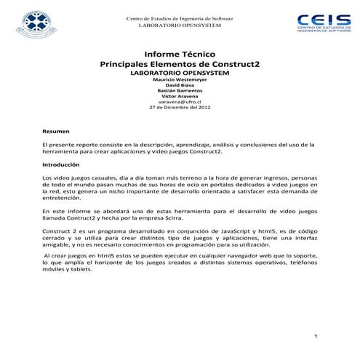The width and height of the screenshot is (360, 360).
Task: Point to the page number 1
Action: [316, 335]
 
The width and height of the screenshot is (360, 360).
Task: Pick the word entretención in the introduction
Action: [62, 197]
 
